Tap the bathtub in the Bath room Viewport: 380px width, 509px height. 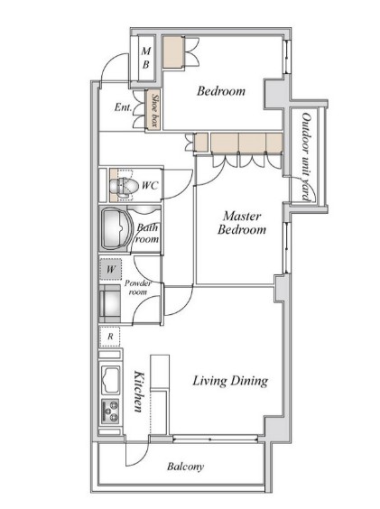pos(116,228)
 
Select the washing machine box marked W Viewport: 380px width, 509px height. pos(110,269)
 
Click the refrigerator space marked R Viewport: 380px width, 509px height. pos(110,337)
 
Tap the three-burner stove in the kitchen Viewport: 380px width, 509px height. pos(110,412)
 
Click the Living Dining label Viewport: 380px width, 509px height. pos(230,381)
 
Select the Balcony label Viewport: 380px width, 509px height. pos(185,467)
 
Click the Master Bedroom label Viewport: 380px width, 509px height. pos(242,223)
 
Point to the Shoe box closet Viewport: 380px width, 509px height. pos(153,111)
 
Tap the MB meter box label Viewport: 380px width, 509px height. pos(146,58)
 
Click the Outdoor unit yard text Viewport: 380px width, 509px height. pos(307,157)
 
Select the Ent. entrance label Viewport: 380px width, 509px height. pos(123,107)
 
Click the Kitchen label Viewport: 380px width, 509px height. pos(139,392)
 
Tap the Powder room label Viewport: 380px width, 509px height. pos(138,288)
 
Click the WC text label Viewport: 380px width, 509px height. pos(150,185)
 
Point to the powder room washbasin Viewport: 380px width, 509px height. pos(110,304)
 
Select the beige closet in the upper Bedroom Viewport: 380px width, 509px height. pos(173,52)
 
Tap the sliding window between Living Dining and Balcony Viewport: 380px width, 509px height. pos(215,440)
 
